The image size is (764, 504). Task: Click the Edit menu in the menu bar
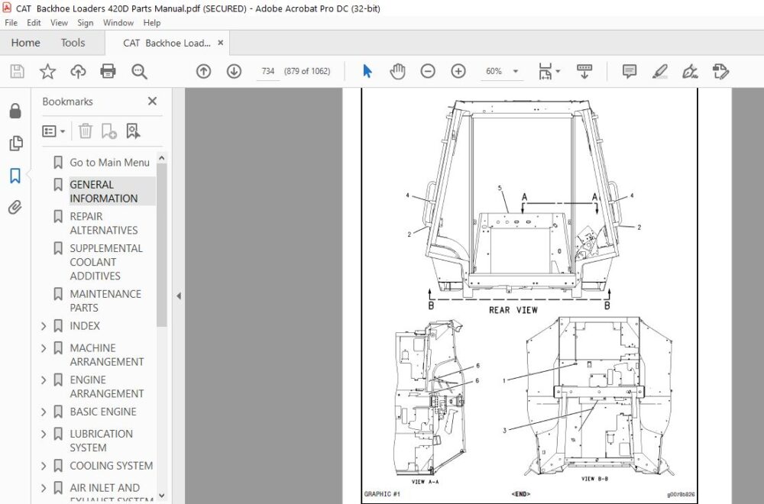click(x=34, y=23)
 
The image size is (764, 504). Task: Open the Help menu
click(x=152, y=23)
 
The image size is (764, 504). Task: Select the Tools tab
click(x=73, y=43)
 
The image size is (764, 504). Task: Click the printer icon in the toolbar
click(x=108, y=71)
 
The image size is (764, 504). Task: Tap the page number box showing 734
click(x=267, y=71)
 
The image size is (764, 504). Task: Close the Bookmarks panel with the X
click(x=152, y=102)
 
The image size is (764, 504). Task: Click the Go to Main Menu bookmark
click(x=109, y=163)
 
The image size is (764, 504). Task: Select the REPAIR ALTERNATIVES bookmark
click(x=104, y=223)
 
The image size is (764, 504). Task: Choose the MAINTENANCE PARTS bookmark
click(x=105, y=301)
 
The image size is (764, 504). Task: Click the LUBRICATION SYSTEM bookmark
click(x=101, y=441)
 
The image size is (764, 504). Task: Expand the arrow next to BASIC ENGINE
click(x=44, y=412)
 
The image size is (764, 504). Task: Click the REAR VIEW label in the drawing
click(x=513, y=310)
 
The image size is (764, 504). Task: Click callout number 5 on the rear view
click(x=499, y=187)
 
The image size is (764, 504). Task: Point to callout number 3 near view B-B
click(x=504, y=431)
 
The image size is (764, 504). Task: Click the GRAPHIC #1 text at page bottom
click(x=382, y=494)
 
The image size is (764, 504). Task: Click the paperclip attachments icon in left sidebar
click(x=15, y=208)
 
